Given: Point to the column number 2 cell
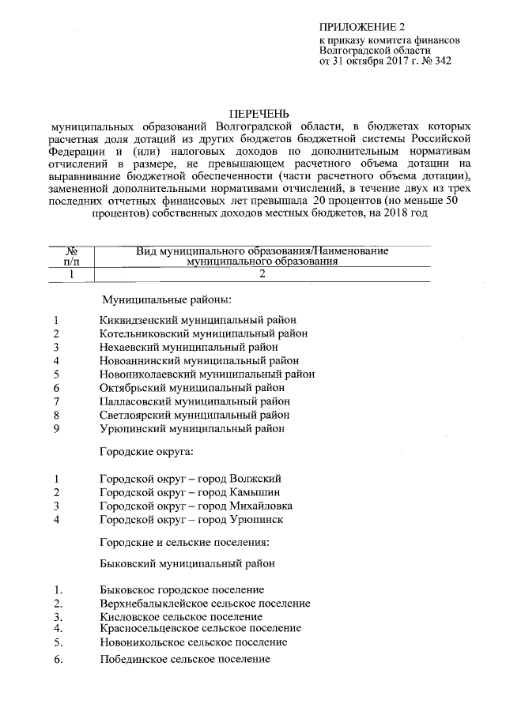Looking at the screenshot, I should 262,273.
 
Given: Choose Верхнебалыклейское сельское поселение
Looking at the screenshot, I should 205,603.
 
